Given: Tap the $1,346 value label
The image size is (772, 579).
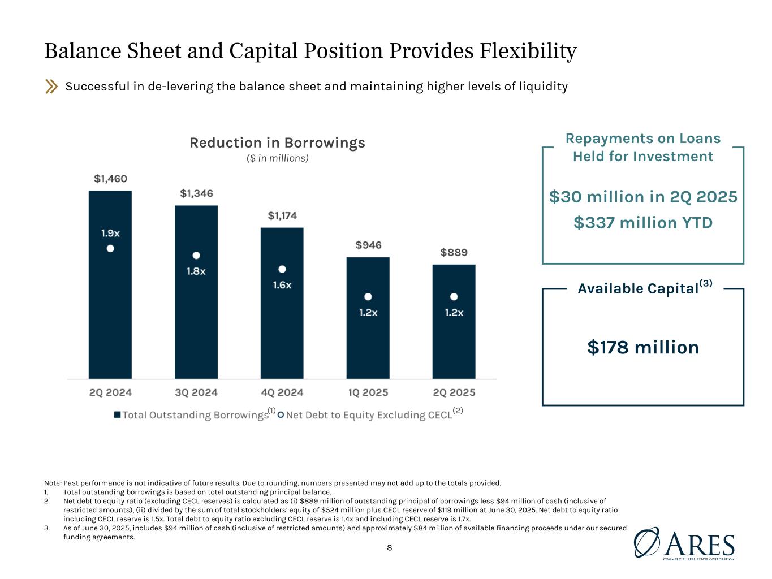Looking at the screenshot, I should tap(196, 193).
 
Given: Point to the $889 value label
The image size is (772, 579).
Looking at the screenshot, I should tap(454, 252).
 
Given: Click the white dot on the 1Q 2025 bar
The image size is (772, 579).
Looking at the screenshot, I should tap(368, 296).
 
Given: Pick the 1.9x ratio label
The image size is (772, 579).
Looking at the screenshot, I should tap(110, 233).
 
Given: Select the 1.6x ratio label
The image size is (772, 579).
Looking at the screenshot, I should tap(282, 285).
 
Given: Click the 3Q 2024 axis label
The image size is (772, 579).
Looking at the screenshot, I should tap(196, 392).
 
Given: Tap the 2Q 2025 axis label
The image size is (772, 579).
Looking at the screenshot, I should tap(454, 392).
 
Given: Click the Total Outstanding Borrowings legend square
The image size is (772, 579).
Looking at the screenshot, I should tap(117, 415).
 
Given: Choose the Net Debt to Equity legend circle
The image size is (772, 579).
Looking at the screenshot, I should tap(281, 415).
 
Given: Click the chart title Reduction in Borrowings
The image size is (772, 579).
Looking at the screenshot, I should tap(277, 142).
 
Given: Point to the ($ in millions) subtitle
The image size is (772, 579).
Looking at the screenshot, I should tap(277, 158).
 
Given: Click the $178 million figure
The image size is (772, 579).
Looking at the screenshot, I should tap(643, 347).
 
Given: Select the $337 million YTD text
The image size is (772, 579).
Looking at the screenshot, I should tap(643, 223).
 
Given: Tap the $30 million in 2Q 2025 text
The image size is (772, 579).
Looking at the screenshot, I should tap(643, 197).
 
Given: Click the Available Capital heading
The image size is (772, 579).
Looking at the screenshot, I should tap(637, 288).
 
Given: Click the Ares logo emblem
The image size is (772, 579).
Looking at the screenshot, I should tap(646, 544).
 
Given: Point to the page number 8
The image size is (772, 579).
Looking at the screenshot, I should tap(389, 547).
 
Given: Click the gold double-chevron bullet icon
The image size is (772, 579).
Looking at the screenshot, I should tap(51, 87).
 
